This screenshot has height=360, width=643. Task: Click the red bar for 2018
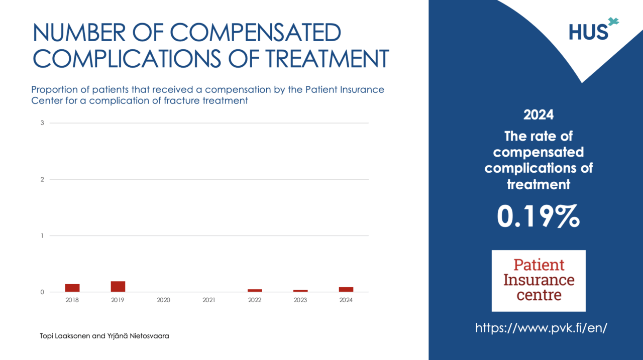click(72, 288)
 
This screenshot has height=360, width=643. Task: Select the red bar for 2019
click(118, 286)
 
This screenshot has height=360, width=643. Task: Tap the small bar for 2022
click(255, 290)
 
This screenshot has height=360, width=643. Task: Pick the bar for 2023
click(300, 291)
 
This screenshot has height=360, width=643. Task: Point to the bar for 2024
click(346, 289)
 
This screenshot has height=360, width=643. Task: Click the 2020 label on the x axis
click(163, 300)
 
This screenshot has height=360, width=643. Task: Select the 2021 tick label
click(209, 300)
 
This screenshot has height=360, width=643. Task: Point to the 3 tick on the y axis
click(42, 123)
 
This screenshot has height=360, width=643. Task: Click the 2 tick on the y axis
click(42, 179)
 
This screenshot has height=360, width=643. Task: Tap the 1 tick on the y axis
click(42, 236)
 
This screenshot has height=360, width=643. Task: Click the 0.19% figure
click(538, 216)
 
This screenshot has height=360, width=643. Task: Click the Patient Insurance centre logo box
click(539, 280)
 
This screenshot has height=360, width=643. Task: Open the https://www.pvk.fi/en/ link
click(542, 328)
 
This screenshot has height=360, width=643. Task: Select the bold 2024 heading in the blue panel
click(539, 114)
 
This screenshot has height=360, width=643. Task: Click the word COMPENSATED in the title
click(255, 33)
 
